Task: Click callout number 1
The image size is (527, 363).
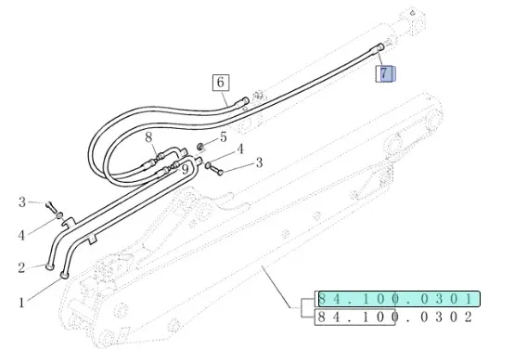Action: [22, 303]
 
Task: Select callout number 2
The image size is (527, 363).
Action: [21, 267]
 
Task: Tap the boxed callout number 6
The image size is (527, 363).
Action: [221, 83]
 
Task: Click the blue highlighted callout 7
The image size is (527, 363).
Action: [385, 73]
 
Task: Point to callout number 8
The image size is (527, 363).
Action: [148, 137]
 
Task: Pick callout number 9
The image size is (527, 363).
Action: [186, 169]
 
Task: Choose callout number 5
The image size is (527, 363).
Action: [224, 137]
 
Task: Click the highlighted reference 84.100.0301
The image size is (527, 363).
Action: [399, 299]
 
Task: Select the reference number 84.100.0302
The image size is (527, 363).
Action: [395, 317]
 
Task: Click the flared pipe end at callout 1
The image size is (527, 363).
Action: [64, 276]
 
